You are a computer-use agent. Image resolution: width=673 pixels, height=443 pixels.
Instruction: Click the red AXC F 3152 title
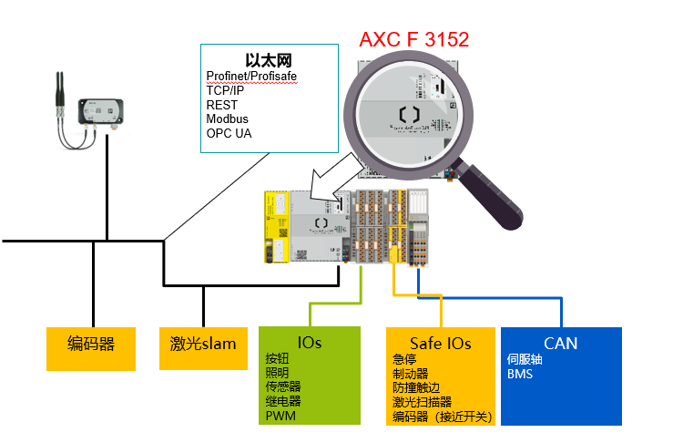tap(413, 40)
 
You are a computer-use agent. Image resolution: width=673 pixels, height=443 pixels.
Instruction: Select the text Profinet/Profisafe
tap(251, 76)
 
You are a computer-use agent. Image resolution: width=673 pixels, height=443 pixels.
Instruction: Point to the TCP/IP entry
tap(225, 90)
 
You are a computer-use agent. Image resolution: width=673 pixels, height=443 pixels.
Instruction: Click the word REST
tap(221, 105)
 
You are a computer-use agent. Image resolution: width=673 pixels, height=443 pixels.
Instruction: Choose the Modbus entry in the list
tap(227, 119)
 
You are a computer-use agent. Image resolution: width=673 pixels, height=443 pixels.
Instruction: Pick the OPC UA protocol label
tap(229, 134)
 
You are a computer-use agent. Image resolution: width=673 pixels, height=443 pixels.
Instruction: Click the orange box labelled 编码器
tap(91, 345)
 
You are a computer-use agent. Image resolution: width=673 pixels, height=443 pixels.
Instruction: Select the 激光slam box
tap(202, 345)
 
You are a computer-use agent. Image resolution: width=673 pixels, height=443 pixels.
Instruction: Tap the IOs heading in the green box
tap(310, 343)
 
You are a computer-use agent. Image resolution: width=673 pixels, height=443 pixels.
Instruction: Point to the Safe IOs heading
tap(440, 344)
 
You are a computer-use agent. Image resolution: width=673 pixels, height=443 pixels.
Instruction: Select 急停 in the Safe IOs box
tap(404, 359)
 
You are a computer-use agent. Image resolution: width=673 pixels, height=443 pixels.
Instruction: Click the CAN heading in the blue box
tap(561, 344)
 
